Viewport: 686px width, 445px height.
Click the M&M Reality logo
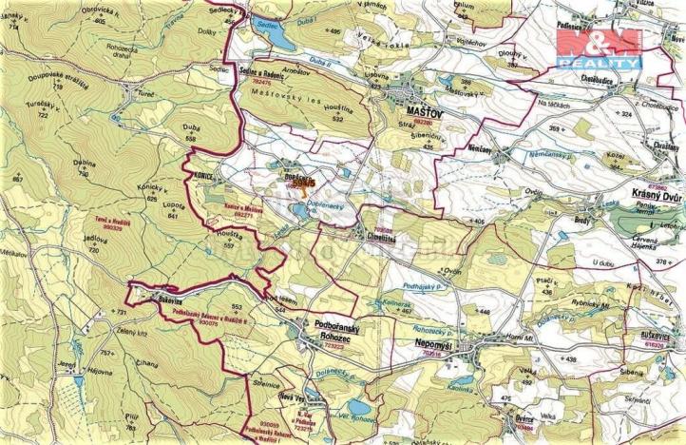[x=598, y=48]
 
